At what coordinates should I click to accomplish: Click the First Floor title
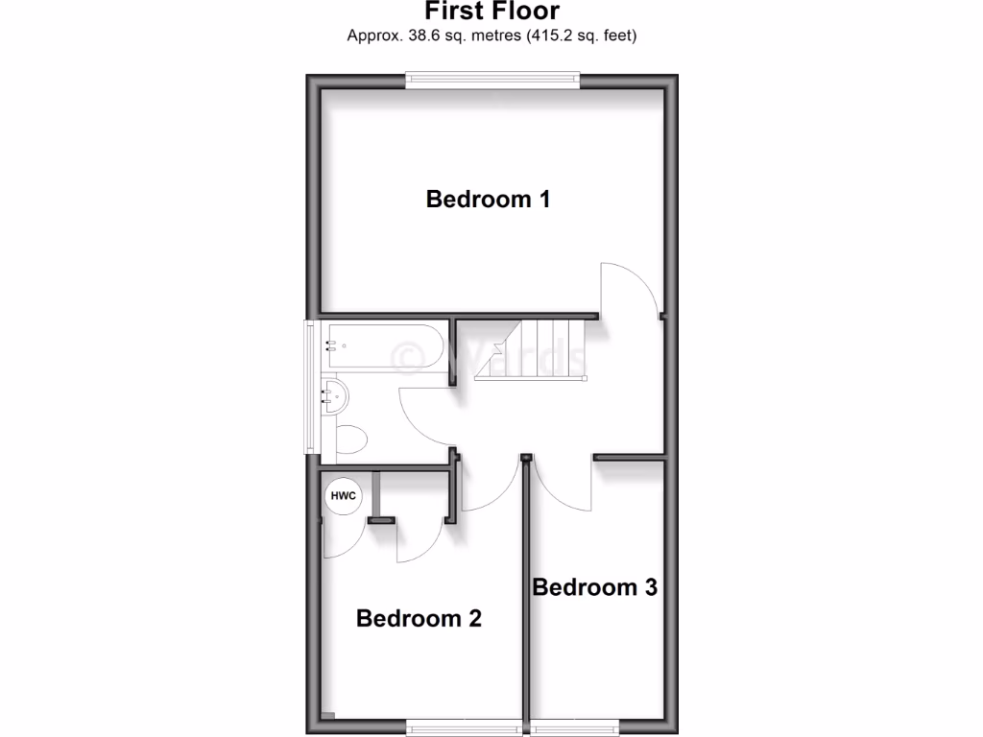pyautogui.click(x=491, y=12)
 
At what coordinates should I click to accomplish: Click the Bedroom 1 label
pyautogui.click(x=488, y=200)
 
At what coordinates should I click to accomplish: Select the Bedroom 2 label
pyautogui.click(x=418, y=618)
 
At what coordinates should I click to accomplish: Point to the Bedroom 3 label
pyautogui.click(x=594, y=587)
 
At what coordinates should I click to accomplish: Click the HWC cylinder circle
pyautogui.click(x=343, y=496)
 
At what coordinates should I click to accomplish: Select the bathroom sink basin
pyautogui.click(x=335, y=395)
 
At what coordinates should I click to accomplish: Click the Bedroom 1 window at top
pyautogui.click(x=492, y=80)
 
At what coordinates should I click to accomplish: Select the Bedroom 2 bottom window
pyautogui.click(x=465, y=726)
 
